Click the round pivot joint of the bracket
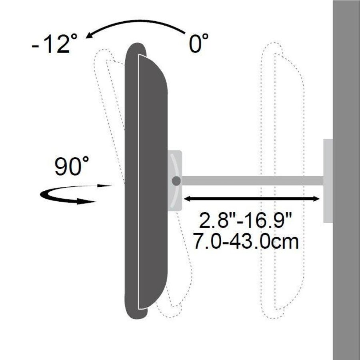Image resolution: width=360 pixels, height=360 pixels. [x=176, y=181]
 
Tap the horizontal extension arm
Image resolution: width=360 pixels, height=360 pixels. [x=252, y=181]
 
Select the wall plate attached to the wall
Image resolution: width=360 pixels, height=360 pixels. [x=328, y=180]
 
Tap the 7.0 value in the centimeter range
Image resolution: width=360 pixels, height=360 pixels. [x=208, y=242]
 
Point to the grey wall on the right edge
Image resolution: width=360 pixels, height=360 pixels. [x=346, y=180]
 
